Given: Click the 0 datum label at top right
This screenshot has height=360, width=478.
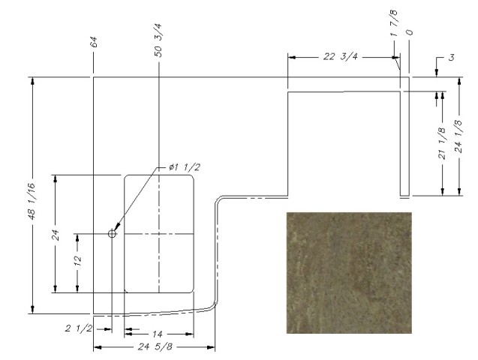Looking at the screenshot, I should click(410, 33).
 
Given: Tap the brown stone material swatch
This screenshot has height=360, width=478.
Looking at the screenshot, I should click(349, 272).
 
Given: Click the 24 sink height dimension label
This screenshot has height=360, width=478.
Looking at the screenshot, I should click(54, 234).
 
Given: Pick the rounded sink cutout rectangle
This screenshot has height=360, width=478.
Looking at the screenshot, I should click(159, 233).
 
